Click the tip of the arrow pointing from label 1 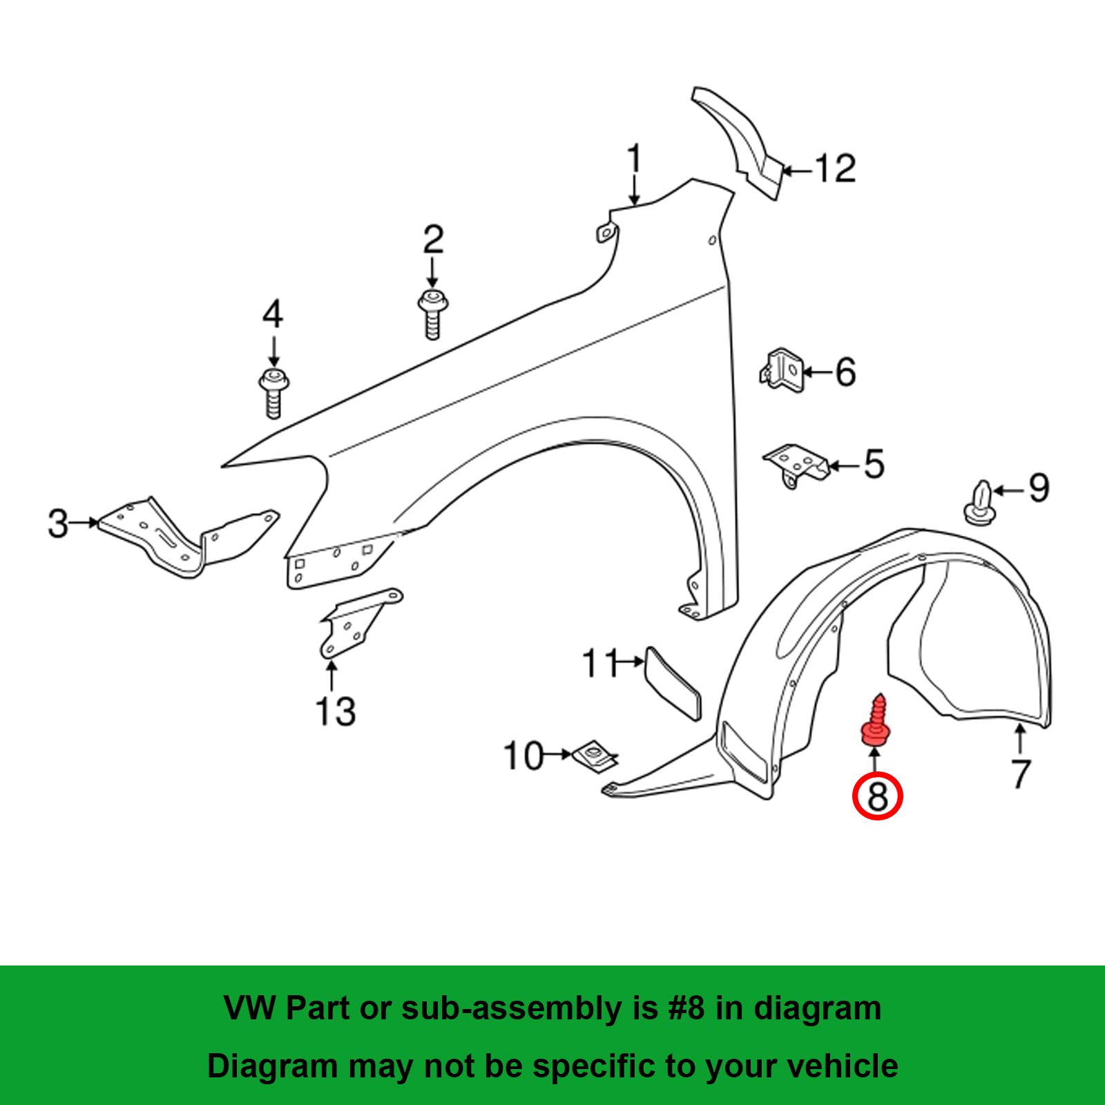pos(635,205)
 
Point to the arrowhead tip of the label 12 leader pos(780,170)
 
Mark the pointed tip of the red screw pos(880,694)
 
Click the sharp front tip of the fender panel pos(222,467)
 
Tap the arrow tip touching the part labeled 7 pos(1020,722)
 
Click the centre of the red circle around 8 pos(877,796)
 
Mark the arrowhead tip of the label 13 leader pos(331,660)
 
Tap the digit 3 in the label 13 pos(345,711)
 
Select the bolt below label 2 pos(433,314)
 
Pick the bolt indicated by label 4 pos(273,394)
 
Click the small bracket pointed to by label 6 pos(782,371)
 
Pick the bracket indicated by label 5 pos(796,465)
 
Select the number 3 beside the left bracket pos(59,523)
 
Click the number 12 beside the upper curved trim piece pos(836,169)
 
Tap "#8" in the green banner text pos(686,1008)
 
